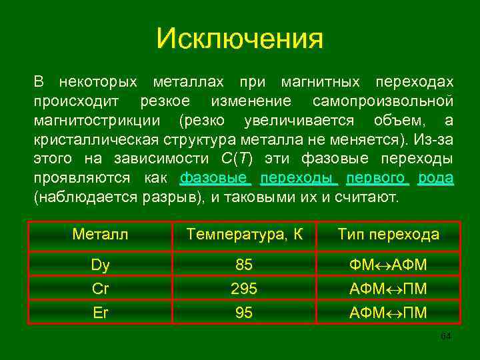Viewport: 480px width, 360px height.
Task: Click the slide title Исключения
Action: [239, 39]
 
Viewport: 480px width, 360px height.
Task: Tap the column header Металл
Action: [100, 235]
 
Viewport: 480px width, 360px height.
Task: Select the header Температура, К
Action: [245, 235]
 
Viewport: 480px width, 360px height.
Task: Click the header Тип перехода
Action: [388, 235]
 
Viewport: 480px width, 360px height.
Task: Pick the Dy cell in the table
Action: [100, 265]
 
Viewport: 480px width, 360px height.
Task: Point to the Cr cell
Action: [100, 289]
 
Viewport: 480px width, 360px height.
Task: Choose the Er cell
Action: [100, 312]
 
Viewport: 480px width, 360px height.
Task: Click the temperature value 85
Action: [244, 265]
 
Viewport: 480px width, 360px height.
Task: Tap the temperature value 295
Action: [244, 289]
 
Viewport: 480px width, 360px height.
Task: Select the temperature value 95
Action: [244, 312]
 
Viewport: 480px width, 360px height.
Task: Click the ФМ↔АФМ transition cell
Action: [388, 265]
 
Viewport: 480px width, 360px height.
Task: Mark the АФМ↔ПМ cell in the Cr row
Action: [388, 289]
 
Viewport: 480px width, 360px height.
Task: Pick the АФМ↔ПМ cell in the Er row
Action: [388, 312]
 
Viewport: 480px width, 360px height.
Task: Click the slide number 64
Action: [446, 335]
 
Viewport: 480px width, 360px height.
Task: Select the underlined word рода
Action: [436, 179]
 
